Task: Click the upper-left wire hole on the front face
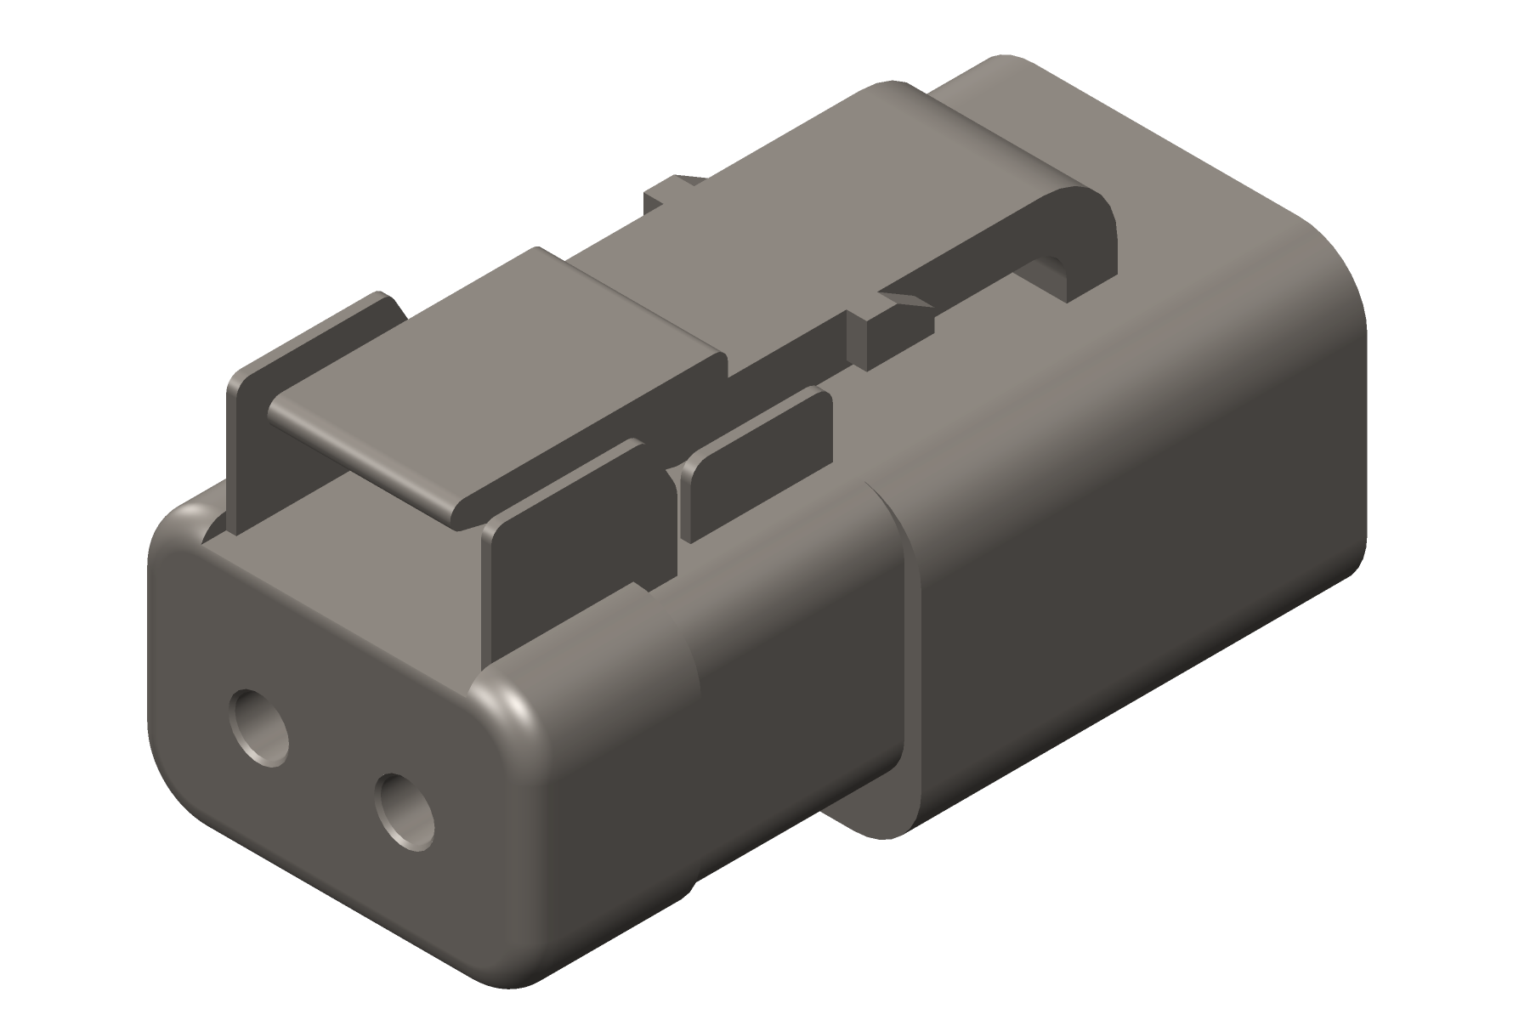pos(259,727)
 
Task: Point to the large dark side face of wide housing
pos(1147,552)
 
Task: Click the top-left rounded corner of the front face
pos(183,518)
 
